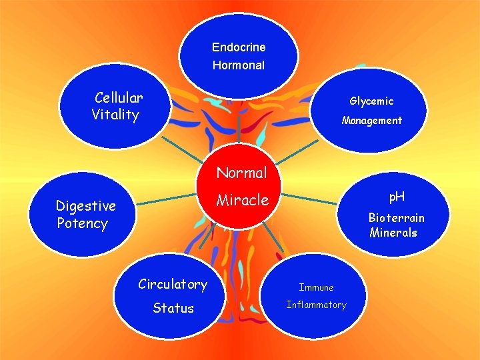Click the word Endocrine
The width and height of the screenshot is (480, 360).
click(x=239, y=47)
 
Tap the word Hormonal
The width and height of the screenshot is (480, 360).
click(x=239, y=65)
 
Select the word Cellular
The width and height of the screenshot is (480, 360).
click(x=119, y=98)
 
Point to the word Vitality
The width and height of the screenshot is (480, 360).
click(x=115, y=115)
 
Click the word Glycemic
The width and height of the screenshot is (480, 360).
click(x=371, y=101)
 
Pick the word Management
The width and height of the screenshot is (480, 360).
click(x=371, y=121)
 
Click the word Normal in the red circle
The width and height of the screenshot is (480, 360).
click(x=241, y=173)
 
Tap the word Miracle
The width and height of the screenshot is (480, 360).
click(x=242, y=200)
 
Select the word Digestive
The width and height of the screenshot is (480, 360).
click(x=85, y=206)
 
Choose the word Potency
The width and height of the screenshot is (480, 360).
click(x=82, y=223)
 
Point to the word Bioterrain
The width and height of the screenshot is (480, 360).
click(x=396, y=218)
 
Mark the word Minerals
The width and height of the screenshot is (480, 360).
click(x=393, y=233)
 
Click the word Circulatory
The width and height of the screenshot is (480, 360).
click(x=173, y=285)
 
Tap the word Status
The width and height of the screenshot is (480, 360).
click(x=173, y=308)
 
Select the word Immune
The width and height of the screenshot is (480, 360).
click(x=316, y=287)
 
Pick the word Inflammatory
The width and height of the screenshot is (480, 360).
click(x=316, y=305)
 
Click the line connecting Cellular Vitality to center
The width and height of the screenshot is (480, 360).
click(x=181, y=149)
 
